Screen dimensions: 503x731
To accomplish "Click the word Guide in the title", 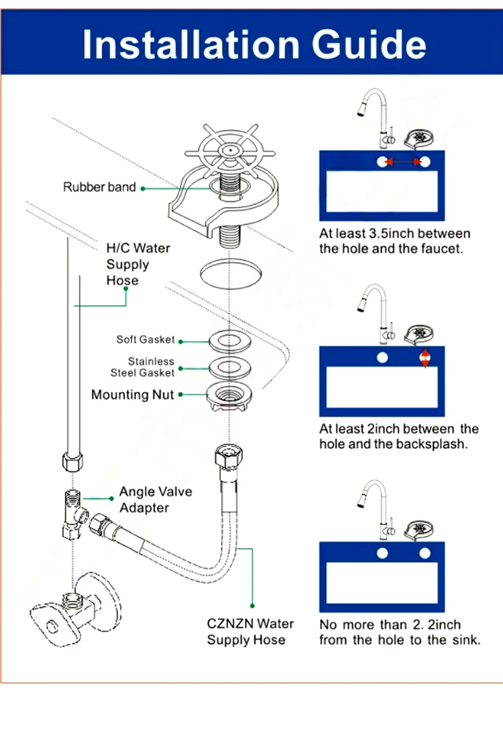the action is point(369,45).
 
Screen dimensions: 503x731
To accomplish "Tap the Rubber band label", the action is point(99,187).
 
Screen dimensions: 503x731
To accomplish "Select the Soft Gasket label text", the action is point(145,340).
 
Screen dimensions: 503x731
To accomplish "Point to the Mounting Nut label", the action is point(133,395).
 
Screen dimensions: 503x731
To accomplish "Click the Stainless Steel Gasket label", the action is point(142,367).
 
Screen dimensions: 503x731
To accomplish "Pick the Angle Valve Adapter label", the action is point(156,499).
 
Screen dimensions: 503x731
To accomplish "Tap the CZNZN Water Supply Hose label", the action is point(250,632).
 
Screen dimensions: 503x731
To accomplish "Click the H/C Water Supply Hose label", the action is point(138,264).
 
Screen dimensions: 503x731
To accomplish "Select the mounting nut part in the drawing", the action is point(229,396).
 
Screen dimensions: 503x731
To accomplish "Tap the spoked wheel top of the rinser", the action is point(230,150).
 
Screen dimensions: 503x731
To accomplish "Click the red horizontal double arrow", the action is point(403,161).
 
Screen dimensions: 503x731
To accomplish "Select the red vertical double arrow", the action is point(425,358).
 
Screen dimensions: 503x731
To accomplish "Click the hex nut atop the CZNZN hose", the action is point(229,455).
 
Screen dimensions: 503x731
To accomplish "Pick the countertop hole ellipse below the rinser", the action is point(231,273).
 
